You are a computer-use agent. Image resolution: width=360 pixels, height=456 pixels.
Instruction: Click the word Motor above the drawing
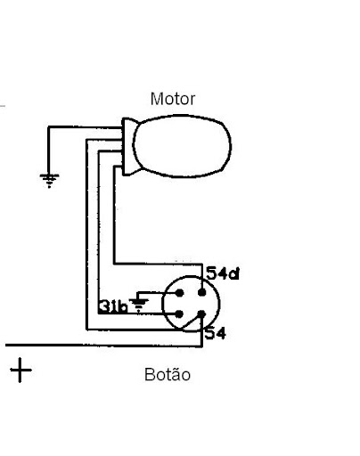[x=173, y=99]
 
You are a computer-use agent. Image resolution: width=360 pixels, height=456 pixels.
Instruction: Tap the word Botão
[x=168, y=374]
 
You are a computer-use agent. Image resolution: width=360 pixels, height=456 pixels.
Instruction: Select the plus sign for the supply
[x=20, y=370]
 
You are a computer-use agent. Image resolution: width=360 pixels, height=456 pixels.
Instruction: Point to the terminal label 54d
[x=223, y=273]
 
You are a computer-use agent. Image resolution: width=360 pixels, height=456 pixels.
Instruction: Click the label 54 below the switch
[x=216, y=333]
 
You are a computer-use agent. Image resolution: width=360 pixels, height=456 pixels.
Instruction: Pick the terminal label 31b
[x=113, y=306]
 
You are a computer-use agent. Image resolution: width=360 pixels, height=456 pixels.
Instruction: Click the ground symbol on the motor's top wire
[x=49, y=181]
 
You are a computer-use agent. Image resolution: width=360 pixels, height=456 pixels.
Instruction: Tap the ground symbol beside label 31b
[x=139, y=304]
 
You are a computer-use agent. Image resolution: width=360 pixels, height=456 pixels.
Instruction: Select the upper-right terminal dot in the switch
[x=202, y=293]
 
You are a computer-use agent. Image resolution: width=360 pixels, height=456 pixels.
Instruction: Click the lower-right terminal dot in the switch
[x=201, y=314]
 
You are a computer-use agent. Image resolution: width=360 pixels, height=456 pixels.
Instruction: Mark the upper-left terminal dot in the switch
[x=179, y=293]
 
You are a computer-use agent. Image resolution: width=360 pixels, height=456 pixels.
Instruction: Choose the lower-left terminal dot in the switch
[x=179, y=314]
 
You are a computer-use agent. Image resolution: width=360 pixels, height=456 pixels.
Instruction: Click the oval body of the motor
[x=182, y=146]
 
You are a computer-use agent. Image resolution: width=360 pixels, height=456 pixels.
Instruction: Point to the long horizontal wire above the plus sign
[x=104, y=346]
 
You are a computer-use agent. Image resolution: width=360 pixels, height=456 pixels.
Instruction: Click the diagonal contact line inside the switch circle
[x=191, y=323]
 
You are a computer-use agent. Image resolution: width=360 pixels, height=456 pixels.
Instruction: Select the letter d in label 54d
[x=234, y=273]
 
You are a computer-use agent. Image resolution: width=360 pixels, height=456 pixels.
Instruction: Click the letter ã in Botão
[x=176, y=374]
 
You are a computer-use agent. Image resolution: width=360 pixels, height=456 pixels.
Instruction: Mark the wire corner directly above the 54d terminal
[x=202, y=264]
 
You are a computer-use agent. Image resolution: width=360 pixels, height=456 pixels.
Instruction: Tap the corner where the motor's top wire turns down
[x=48, y=127]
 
